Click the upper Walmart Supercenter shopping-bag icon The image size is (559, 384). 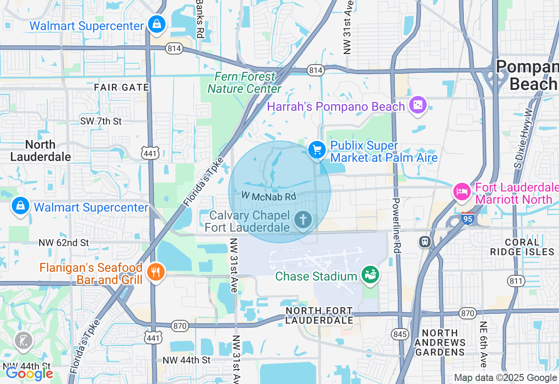point(156,24)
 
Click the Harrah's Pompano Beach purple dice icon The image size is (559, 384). point(418,105)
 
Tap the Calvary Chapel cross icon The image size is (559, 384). point(302,219)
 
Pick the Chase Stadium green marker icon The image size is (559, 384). point(370,275)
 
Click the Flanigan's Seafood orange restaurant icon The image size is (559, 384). point(155,272)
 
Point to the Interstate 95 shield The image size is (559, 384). point(467,217)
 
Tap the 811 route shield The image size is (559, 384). point(516,281)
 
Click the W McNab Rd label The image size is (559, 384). point(269,197)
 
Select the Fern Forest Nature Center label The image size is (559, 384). point(245,83)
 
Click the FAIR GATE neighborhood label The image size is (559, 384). point(122,87)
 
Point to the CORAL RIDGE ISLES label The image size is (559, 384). point(515,247)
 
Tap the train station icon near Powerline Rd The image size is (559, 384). point(424,242)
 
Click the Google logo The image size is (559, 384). point(29,374)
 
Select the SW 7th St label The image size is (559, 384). point(101,121)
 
